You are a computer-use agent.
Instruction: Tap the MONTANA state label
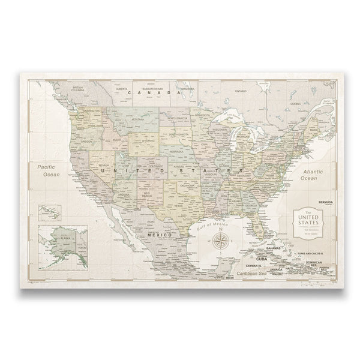tap(137, 119)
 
